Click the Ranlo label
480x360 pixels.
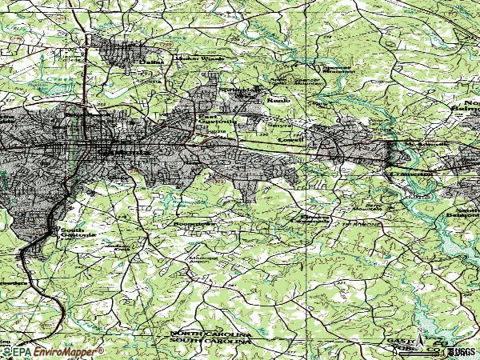[x=277, y=101]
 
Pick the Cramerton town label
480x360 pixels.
[x=411, y=173]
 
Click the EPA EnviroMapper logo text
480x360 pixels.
[x=53, y=351]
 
